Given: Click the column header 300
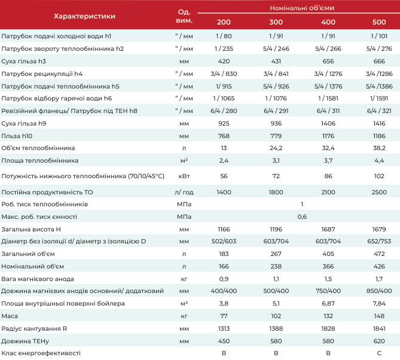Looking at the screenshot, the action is coord(276,22).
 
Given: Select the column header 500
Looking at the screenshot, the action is coord(379,22).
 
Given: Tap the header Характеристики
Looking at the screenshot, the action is coord(84,16).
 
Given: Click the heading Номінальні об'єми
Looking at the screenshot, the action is coord(302,8).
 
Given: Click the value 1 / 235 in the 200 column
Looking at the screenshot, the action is coord(224,48).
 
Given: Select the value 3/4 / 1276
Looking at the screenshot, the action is coord(328,74).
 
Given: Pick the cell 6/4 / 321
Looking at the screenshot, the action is coord(379,111).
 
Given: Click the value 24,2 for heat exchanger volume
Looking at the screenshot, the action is coord(276,148).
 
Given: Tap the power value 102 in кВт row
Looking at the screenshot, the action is coord(379,176).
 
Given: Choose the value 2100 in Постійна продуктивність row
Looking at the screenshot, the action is coord(328,192).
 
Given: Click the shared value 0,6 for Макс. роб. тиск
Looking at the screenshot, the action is coord(302,216).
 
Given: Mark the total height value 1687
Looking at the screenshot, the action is coord(328,229).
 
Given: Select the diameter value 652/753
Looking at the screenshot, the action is coord(379,241).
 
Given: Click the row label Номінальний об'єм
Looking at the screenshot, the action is coord(33,266).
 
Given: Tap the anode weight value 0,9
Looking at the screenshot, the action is coord(224,279).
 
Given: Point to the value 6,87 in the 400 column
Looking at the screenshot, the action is coord(328,303).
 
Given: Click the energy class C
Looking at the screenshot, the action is coord(379,353).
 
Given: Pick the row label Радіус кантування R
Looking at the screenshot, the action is coord(34,329).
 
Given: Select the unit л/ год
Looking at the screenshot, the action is coord(184,192).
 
